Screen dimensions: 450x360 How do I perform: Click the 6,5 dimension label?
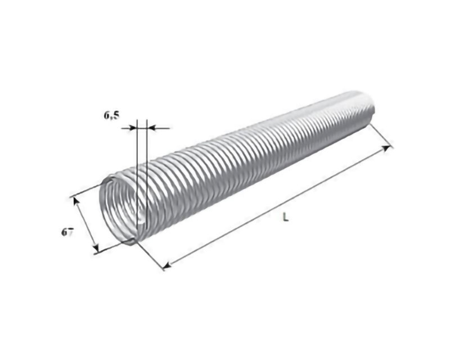111,115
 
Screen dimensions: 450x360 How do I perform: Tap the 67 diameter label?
67,232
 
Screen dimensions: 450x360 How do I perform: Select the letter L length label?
285,217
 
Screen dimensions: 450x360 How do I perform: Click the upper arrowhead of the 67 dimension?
76,201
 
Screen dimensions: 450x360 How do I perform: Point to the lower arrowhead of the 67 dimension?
96,247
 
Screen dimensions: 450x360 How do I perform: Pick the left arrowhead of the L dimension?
167,265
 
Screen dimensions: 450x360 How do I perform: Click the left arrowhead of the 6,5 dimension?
132,128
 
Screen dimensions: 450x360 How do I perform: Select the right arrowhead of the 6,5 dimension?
151,128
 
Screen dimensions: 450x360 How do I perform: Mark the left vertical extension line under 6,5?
137,177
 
